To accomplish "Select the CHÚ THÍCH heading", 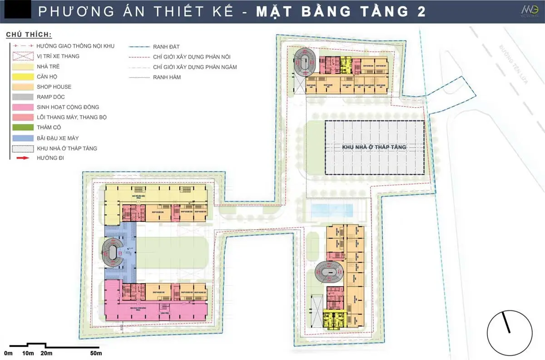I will pos(28,35).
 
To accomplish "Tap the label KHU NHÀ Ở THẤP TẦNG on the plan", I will pos(374,147).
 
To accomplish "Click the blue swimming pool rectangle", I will pos(332,210).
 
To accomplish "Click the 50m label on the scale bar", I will pos(95,353).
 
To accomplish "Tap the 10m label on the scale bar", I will pos(28,353).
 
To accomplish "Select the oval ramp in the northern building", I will pos(303,64).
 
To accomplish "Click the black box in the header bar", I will pos(16,11).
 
